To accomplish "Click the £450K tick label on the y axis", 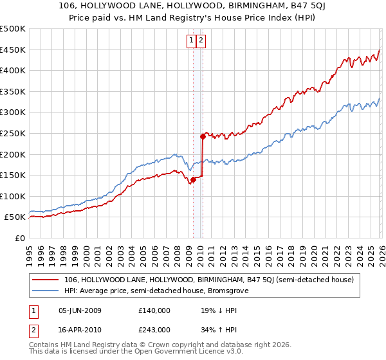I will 13,50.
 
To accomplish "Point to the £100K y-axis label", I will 13,196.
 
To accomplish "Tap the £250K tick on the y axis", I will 13,133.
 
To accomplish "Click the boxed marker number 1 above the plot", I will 192,40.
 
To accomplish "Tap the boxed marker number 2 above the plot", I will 201,40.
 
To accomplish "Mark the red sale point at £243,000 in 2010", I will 203,136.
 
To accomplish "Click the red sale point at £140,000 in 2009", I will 193,179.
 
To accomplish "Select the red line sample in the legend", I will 44,280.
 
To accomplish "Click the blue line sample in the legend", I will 44,291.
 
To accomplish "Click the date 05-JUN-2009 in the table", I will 80,310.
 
